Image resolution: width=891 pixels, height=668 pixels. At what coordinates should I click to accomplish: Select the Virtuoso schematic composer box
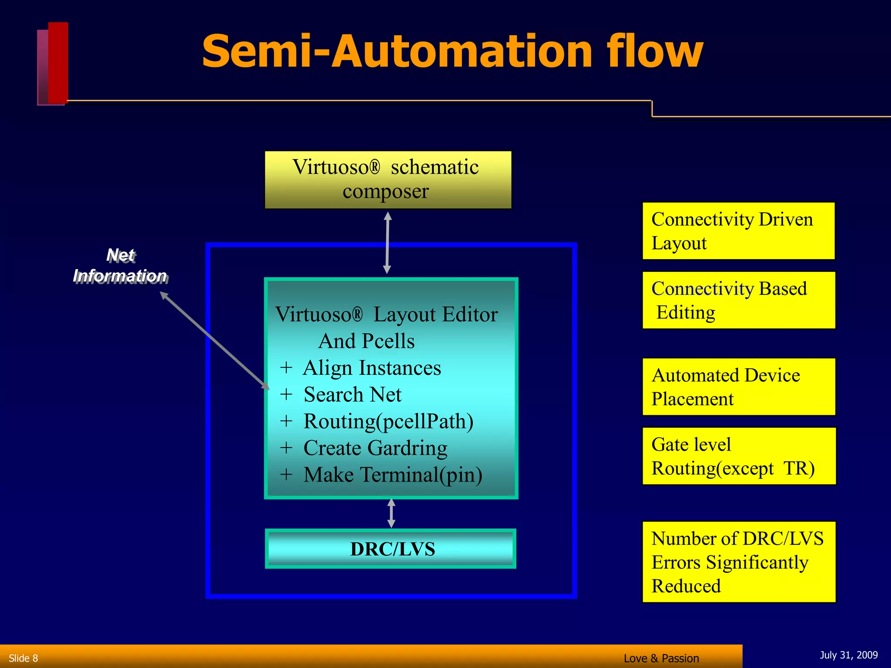pyautogui.click(x=388, y=180)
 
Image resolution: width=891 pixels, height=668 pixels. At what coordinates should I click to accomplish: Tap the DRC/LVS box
pyautogui.click(x=391, y=549)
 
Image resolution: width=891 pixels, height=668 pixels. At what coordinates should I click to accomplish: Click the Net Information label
pyautogui.click(x=120, y=266)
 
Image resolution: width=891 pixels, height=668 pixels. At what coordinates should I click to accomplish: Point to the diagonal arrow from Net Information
pyautogui.click(x=214, y=340)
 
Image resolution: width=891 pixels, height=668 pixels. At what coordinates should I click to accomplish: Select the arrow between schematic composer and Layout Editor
pyautogui.click(x=387, y=243)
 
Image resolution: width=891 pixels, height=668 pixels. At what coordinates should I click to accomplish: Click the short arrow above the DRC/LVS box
pyautogui.click(x=391, y=513)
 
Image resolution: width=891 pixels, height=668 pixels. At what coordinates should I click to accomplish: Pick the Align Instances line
pyautogui.click(x=372, y=368)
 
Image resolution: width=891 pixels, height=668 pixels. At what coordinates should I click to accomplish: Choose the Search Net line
pyautogui.click(x=352, y=394)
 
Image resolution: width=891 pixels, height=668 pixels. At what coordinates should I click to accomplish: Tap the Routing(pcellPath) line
pyautogui.click(x=388, y=421)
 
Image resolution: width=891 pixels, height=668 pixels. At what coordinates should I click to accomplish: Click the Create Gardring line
pyautogui.click(x=375, y=448)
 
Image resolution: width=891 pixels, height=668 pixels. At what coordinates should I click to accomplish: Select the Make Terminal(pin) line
pyautogui.click(x=392, y=475)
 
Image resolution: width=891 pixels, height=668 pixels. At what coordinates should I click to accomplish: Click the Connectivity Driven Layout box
pyautogui.click(x=738, y=231)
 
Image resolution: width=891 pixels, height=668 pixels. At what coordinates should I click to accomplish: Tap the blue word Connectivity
pyautogui.click(x=702, y=289)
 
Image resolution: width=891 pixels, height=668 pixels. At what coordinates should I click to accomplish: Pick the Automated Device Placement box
pyautogui.click(x=739, y=387)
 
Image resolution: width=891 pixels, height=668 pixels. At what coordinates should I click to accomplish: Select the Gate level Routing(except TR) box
pyautogui.click(x=739, y=456)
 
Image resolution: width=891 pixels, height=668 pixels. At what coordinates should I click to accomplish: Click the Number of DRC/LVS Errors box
pyautogui.click(x=739, y=562)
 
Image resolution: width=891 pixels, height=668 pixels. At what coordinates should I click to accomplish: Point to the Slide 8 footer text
pyautogui.click(x=23, y=658)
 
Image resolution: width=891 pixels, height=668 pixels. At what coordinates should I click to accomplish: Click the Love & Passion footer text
pyautogui.click(x=661, y=658)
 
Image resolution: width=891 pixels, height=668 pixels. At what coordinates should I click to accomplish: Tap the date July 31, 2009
pyautogui.click(x=848, y=655)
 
